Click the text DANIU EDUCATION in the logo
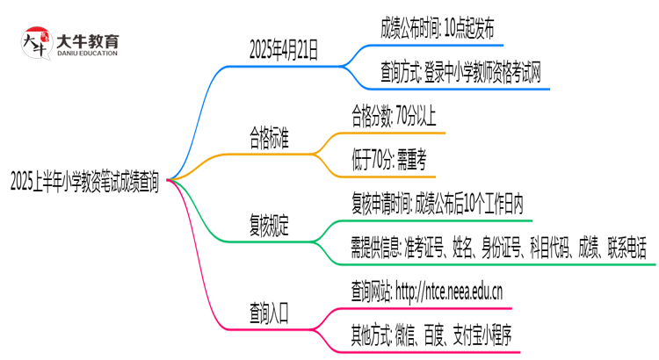[x=87, y=54]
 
